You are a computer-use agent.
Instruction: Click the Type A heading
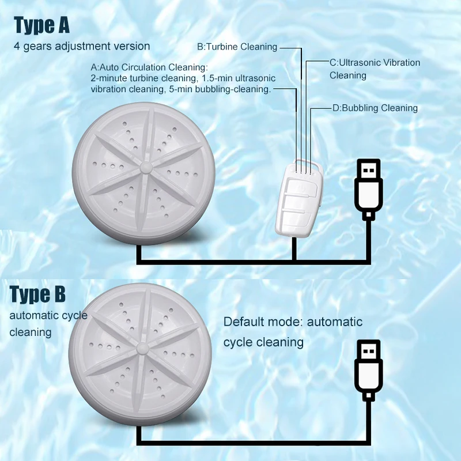(41, 25)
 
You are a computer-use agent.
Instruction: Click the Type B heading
(38, 294)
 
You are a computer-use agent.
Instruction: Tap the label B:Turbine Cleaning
(237, 47)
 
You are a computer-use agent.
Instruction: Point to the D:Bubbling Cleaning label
(375, 108)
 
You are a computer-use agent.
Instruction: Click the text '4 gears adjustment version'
(82, 46)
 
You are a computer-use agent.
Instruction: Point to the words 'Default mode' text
(262, 322)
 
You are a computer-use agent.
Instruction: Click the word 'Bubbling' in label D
(361, 108)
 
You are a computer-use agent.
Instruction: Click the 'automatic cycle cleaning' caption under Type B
(48, 324)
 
